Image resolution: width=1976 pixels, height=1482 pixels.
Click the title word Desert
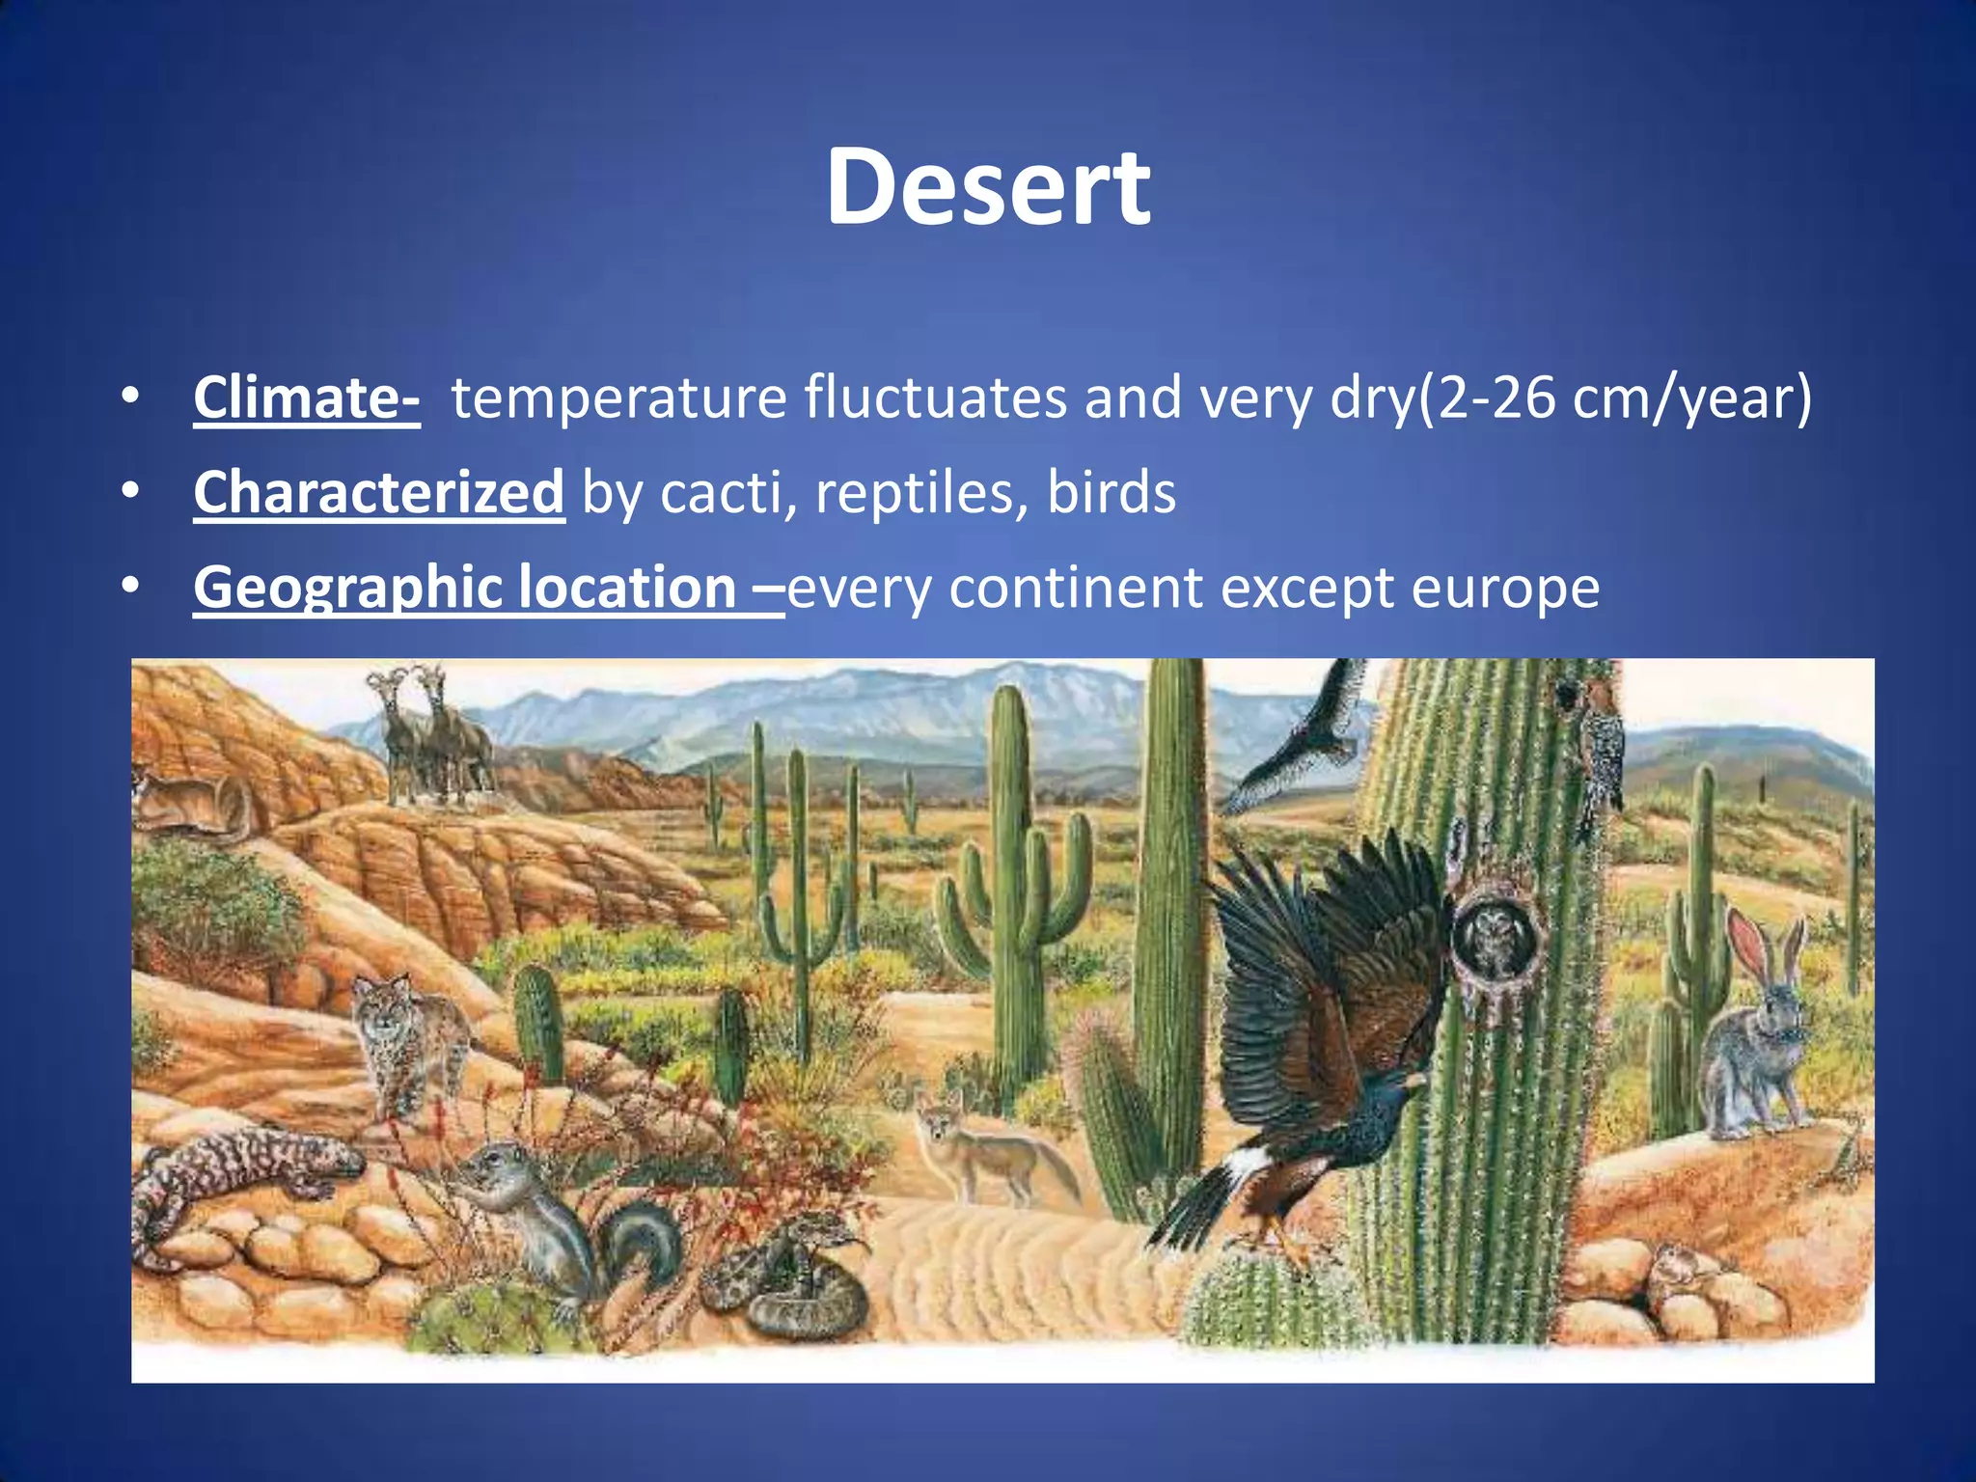(x=988, y=188)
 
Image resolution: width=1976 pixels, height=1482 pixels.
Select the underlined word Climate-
(x=306, y=398)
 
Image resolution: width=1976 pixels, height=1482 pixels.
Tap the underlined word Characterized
(x=378, y=492)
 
